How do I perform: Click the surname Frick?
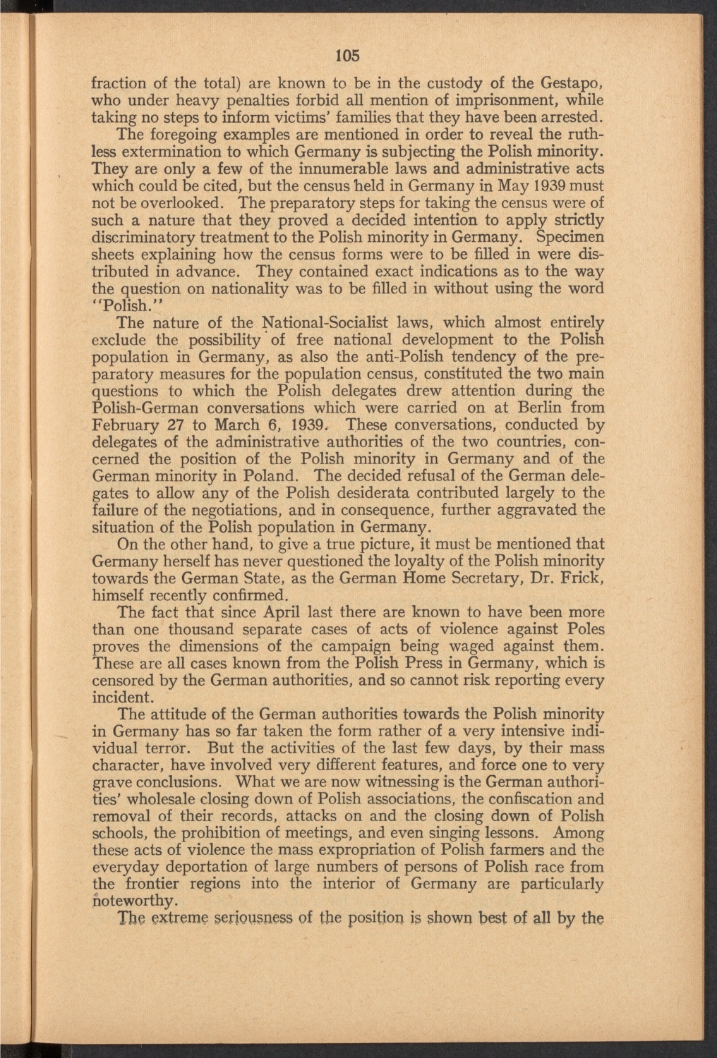pos(583,578)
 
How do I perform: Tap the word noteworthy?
pos(135,901)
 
